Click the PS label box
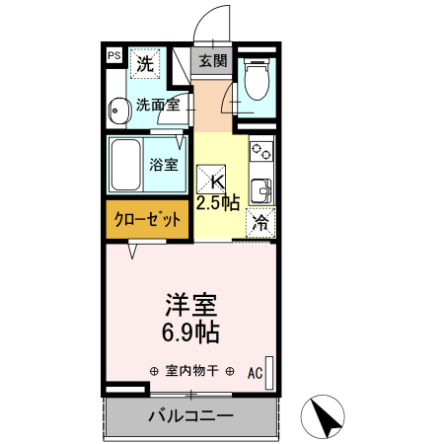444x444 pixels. (x=113, y=57)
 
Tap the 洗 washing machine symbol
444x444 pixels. (x=145, y=65)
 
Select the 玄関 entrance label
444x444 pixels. (x=212, y=61)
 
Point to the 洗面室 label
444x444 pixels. (x=156, y=105)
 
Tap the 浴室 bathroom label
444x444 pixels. (x=164, y=164)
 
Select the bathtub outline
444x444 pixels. (x=126, y=165)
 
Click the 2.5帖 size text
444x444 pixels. (x=217, y=203)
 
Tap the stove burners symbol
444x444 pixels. (x=261, y=153)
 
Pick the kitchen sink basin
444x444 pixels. (x=261, y=188)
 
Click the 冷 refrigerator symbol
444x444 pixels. (x=260, y=223)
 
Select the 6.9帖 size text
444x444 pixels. (x=190, y=333)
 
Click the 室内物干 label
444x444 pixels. (x=191, y=372)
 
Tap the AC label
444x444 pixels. (x=255, y=373)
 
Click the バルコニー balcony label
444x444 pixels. (x=190, y=415)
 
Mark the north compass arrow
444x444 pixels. (x=330, y=416)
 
